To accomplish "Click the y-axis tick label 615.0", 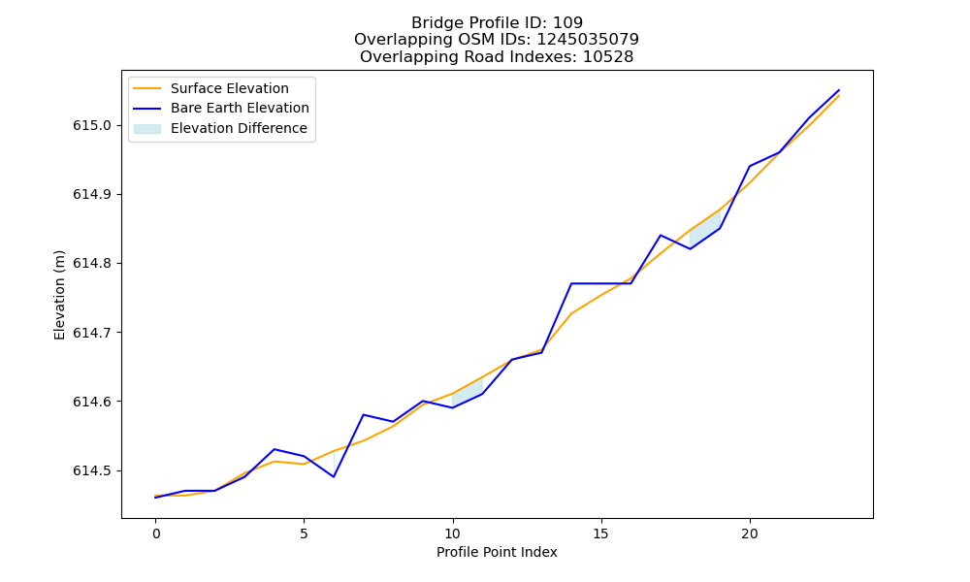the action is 92,125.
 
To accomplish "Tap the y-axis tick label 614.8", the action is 92,264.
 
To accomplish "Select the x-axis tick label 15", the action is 600,533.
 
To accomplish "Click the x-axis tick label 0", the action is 155,533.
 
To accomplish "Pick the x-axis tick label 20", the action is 750,533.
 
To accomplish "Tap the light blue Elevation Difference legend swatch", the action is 147,129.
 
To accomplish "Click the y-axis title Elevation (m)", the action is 59,295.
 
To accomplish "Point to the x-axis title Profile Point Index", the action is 497,552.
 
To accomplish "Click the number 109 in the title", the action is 567,23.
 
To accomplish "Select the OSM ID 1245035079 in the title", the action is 588,40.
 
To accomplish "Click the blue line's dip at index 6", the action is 334,477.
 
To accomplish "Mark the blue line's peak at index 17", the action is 661,235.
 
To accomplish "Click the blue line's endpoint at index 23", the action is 839,90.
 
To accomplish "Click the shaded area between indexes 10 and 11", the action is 468,393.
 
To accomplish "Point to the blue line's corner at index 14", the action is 571,283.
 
